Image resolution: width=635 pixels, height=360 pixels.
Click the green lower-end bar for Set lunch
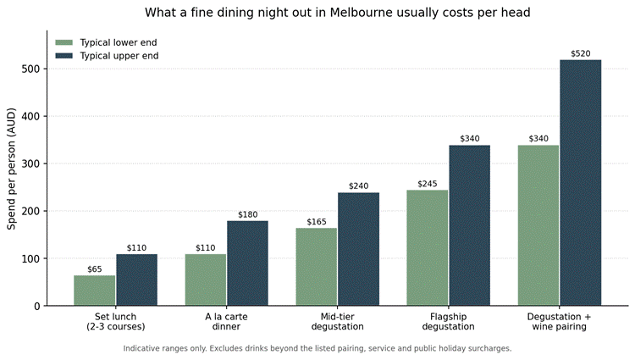coord(94,291)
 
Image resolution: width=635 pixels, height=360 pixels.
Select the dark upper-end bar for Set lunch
coord(136,280)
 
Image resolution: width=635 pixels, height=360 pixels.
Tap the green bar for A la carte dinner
coord(206,280)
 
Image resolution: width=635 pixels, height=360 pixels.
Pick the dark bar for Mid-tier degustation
coord(358,249)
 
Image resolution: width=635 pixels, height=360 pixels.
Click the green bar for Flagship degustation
coord(428,248)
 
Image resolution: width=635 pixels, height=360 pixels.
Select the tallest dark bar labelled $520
coord(580,183)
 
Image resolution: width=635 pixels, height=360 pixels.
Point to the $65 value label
coord(94,269)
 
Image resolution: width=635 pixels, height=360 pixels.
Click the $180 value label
coord(247,214)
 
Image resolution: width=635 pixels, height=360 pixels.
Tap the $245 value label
coord(428,184)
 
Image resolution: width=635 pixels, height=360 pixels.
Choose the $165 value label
coord(317,222)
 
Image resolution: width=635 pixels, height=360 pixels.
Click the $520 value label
coord(580,53)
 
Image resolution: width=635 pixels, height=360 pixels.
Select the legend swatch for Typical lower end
coord(64,42)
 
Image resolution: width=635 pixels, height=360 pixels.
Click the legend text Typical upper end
coord(119,56)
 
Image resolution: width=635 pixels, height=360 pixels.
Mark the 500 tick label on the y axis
coord(30,69)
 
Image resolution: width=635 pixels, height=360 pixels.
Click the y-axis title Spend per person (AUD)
coord(11,169)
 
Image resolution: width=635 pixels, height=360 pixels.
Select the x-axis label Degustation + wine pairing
coord(559,322)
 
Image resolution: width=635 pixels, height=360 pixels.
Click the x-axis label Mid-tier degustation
coord(337,322)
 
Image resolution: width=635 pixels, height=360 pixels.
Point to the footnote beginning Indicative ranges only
coord(317,348)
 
